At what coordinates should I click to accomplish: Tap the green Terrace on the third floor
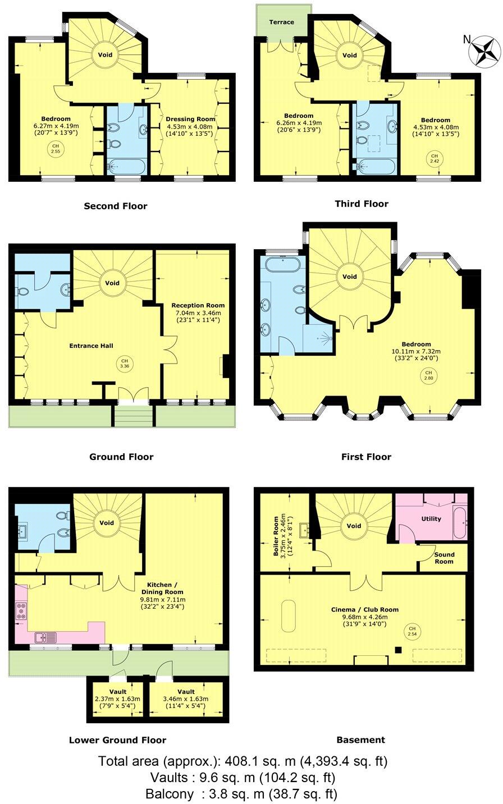click(282, 22)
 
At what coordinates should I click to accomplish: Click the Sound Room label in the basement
click(444, 558)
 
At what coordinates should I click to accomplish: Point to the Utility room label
click(431, 519)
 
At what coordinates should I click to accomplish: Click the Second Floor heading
click(116, 206)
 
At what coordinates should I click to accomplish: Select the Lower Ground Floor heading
click(117, 739)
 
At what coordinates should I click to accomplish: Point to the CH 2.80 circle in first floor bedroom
click(428, 375)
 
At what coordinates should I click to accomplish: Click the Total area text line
click(243, 761)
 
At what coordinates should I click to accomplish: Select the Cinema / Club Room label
click(364, 609)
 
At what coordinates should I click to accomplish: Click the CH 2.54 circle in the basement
click(412, 632)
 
